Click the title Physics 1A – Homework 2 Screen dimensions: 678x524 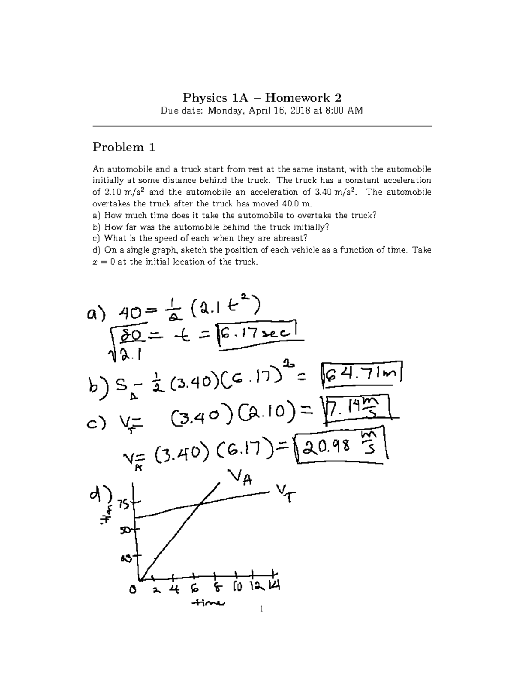click(x=262, y=97)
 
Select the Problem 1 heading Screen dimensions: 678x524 click(x=124, y=147)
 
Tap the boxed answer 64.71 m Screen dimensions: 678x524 click(x=362, y=374)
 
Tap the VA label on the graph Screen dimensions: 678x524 click(x=239, y=478)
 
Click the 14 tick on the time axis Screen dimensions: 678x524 click(x=274, y=586)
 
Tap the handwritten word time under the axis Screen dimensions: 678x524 click(x=208, y=604)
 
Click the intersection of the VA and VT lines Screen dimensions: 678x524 click(x=199, y=505)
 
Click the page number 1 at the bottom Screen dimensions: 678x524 click(x=261, y=609)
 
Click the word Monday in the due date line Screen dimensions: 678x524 click(x=224, y=110)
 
